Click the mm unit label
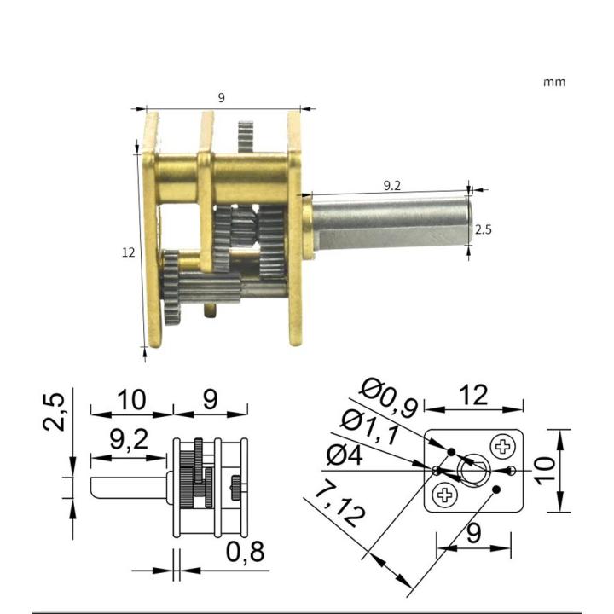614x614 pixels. (x=553, y=83)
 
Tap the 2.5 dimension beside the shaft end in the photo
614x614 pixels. (x=483, y=229)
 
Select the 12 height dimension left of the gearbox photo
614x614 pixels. (x=129, y=252)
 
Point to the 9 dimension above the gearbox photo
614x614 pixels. (x=222, y=98)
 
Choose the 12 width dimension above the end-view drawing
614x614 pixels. (x=474, y=396)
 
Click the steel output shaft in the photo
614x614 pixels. (x=388, y=223)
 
